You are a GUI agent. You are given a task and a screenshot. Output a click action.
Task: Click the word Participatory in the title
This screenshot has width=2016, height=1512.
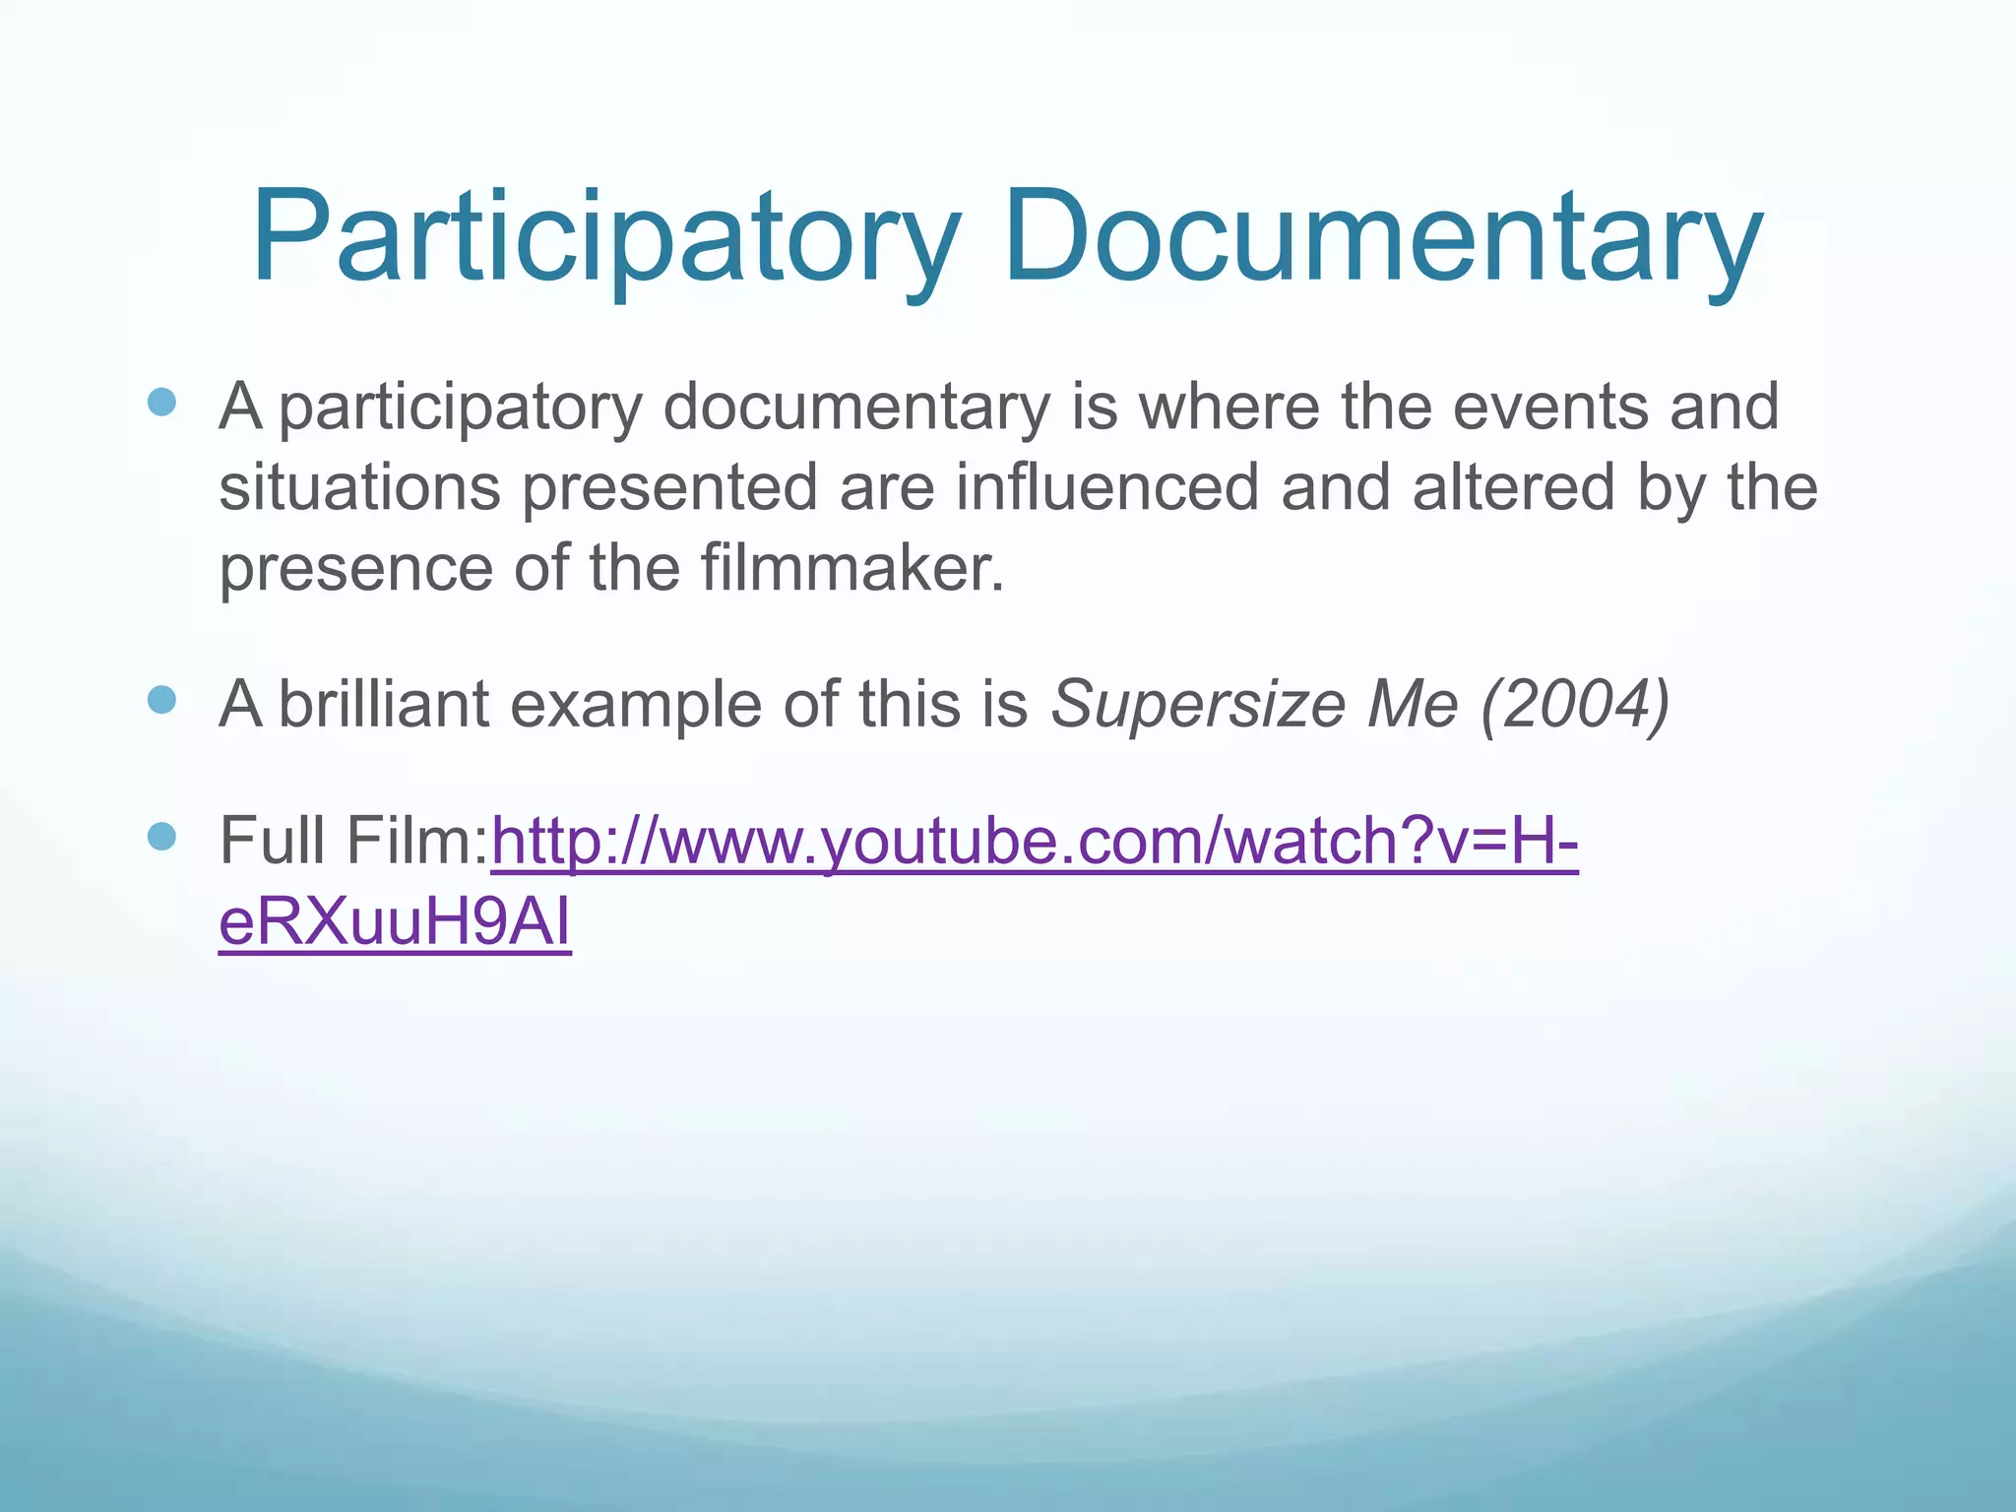[604, 239]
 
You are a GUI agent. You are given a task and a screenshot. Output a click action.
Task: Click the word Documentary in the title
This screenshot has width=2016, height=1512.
[1382, 239]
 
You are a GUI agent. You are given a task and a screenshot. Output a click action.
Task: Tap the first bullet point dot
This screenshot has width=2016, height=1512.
[161, 403]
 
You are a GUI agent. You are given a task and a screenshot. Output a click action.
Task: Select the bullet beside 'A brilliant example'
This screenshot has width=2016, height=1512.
[161, 700]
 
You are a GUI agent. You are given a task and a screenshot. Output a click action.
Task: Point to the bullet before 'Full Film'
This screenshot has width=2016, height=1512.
[161, 837]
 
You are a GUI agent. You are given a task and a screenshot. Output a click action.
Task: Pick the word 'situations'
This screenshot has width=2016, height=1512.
[359, 487]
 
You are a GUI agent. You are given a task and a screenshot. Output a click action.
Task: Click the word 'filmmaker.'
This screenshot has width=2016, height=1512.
[852, 568]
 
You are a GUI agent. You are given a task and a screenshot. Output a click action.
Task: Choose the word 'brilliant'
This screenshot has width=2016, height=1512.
[384, 704]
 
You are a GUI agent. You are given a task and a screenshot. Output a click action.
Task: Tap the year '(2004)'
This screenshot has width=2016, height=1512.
[1575, 705]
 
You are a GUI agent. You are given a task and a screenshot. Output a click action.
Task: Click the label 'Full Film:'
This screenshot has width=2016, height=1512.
[353, 841]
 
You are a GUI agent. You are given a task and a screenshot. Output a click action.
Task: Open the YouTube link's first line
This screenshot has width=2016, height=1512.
[1034, 843]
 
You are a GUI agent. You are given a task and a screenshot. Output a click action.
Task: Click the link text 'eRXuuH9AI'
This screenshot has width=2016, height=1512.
[395, 923]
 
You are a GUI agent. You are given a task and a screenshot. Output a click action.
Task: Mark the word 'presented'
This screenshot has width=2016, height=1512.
[669, 489]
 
